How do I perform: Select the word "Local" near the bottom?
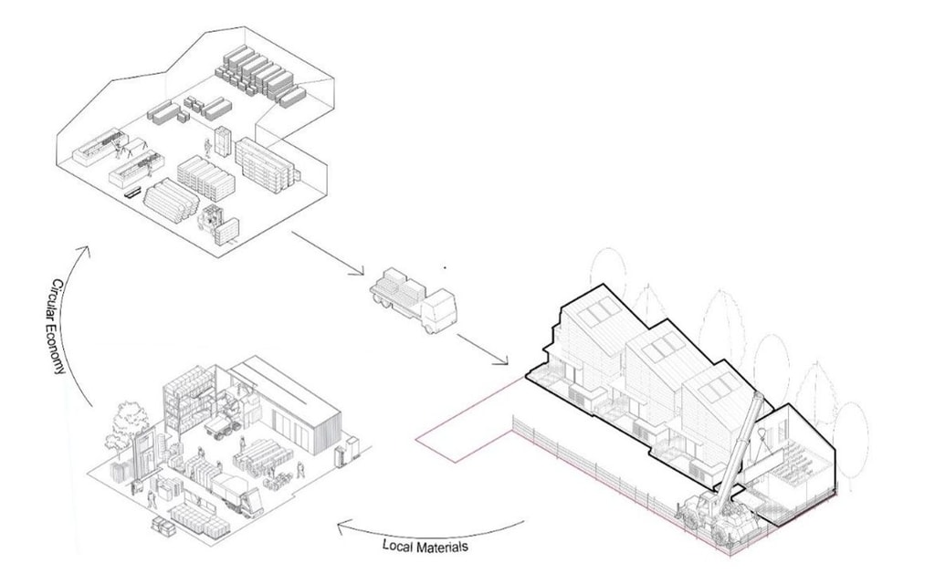400,545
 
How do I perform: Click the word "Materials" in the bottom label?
446,548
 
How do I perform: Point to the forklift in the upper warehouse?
215,221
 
